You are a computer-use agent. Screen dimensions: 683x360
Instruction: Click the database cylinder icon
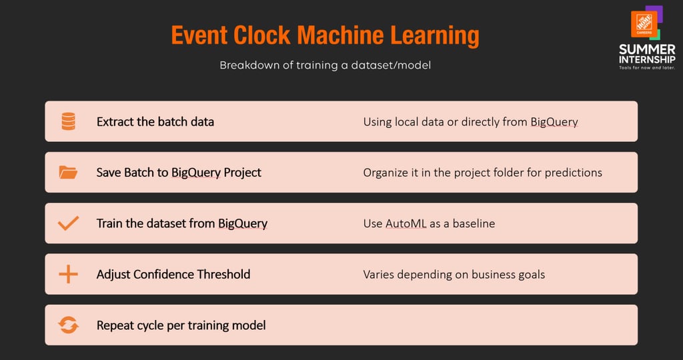[x=69, y=121]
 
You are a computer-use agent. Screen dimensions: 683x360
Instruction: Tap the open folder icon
[x=68, y=173]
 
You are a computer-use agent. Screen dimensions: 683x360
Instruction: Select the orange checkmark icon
[x=69, y=223]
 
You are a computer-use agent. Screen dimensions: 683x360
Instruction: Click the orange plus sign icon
[x=69, y=274]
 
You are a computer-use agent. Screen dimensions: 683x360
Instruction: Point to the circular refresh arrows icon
[x=69, y=325]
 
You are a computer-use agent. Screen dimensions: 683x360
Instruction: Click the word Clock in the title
[x=261, y=35]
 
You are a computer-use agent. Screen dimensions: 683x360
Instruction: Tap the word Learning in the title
[x=434, y=36]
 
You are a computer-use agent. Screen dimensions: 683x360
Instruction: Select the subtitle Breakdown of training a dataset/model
[x=325, y=65]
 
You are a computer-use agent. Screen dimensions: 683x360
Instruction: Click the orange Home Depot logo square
[x=644, y=24]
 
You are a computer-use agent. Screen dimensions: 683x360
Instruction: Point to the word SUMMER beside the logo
[x=647, y=49]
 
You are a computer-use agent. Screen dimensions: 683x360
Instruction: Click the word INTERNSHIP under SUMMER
[x=647, y=59]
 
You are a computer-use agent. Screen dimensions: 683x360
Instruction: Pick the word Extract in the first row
[x=115, y=122]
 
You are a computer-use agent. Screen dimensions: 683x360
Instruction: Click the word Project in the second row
[x=242, y=173]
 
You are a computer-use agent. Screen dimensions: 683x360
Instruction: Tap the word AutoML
[x=406, y=224]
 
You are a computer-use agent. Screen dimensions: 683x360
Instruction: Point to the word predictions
[x=573, y=173]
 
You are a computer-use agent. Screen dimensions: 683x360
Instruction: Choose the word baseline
[x=474, y=224]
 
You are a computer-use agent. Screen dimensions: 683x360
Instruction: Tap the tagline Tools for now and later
[x=647, y=68]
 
